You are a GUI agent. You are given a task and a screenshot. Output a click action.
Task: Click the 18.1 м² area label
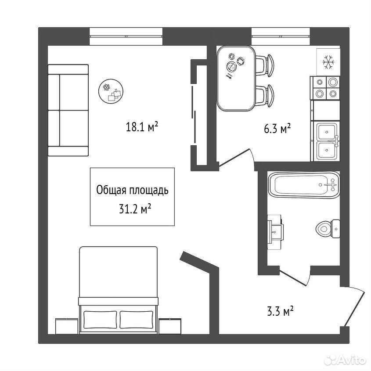(141, 127)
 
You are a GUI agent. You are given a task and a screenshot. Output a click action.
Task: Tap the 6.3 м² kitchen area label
(277, 129)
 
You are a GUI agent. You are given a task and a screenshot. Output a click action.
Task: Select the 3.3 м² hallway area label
(280, 311)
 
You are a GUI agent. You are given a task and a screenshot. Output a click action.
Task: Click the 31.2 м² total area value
(135, 209)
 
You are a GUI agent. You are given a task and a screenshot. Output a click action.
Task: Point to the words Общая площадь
(132, 190)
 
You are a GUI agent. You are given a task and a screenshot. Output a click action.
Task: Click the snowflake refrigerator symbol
(328, 62)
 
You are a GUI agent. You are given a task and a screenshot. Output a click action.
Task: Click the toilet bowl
(328, 229)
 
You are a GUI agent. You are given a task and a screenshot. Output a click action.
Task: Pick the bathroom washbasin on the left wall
(275, 232)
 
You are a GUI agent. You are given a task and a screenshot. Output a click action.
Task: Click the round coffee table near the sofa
(111, 91)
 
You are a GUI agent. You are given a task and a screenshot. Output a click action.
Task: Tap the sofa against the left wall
(68, 110)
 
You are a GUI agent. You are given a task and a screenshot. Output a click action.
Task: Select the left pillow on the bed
(100, 320)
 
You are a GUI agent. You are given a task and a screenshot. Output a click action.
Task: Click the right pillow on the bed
(136, 320)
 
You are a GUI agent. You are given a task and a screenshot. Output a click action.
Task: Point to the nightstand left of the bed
(67, 326)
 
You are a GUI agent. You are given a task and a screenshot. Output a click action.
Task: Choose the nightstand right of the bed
(170, 326)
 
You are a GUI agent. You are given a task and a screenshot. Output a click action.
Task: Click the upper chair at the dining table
(265, 65)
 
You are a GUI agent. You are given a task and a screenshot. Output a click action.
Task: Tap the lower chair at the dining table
(265, 96)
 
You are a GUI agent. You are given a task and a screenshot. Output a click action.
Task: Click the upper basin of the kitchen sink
(327, 132)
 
